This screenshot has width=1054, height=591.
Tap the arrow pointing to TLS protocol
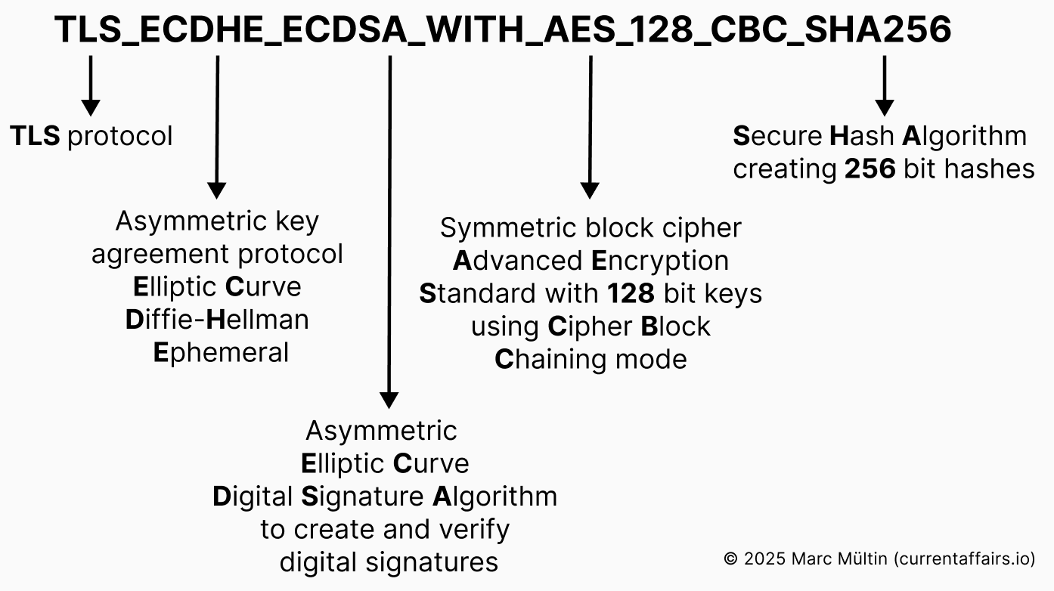(x=91, y=87)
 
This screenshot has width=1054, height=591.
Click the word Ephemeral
(x=221, y=353)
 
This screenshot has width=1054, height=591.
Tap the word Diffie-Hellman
(x=218, y=320)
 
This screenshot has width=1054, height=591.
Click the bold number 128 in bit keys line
(x=631, y=293)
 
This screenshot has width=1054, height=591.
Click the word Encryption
(x=659, y=261)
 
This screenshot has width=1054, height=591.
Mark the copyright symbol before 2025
(x=730, y=559)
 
